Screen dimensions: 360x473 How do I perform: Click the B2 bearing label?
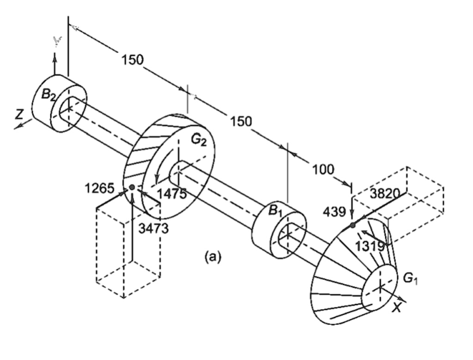coord(49,95)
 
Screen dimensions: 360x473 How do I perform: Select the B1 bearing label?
coord(276,212)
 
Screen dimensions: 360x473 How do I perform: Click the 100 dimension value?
coord(323,170)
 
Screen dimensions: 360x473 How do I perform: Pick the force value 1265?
coord(99,188)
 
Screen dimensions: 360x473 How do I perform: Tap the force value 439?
coord(334,212)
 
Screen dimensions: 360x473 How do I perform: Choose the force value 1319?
coord(370,246)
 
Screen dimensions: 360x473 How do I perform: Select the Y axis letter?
coord(56,43)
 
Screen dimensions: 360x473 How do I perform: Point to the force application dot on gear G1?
coord(352,225)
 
